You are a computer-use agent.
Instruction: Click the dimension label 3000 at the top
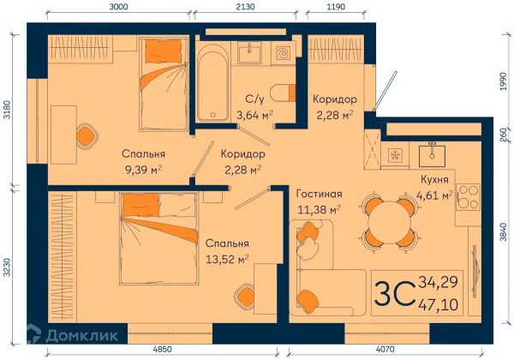[x=118, y=7]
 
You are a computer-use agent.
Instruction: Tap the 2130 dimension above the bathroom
[x=245, y=7]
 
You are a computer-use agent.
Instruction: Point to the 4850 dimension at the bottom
[x=162, y=350]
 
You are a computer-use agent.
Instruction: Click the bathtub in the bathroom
[x=212, y=83]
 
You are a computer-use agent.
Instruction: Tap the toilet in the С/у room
[x=284, y=93]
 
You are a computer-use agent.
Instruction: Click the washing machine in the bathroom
[x=283, y=52]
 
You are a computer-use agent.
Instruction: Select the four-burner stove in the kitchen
[x=468, y=197]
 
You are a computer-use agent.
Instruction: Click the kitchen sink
[x=432, y=155]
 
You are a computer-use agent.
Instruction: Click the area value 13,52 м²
[x=227, y=260]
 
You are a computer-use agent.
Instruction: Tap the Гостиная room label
[x=319, y=194]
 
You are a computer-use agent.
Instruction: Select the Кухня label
[x=434, y=180]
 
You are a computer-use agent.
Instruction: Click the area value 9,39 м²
[x=144, y=170]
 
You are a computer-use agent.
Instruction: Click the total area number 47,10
[x=438, y=305]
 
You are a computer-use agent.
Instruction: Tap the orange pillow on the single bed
[x=164, y=51]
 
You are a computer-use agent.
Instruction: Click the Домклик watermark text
[x=82, y=335]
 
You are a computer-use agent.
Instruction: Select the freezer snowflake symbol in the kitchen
[x=395, y=155]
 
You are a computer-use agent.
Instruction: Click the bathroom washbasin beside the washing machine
[x=249, y=52]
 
